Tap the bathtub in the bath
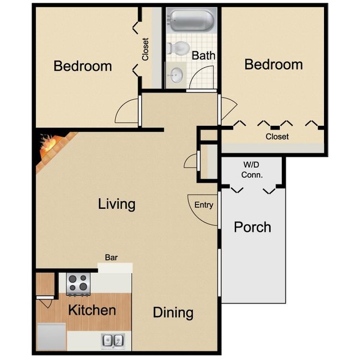(x=191, y=21)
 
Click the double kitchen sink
(x=112, y=340)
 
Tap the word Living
(x=116, y=204)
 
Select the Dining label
(x=173, y=312)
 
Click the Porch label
(x=253, y=227)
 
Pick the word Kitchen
(x=92, y=310)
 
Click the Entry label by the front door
(x=204, y=205)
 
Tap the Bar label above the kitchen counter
(x=111, y=257)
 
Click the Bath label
(x=203, y=56)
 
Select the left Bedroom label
(x=83, y=66)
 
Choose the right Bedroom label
(x=274, y=64)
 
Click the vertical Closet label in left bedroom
(x=146, y=49)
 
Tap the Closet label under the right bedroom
(x=277, y=136)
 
